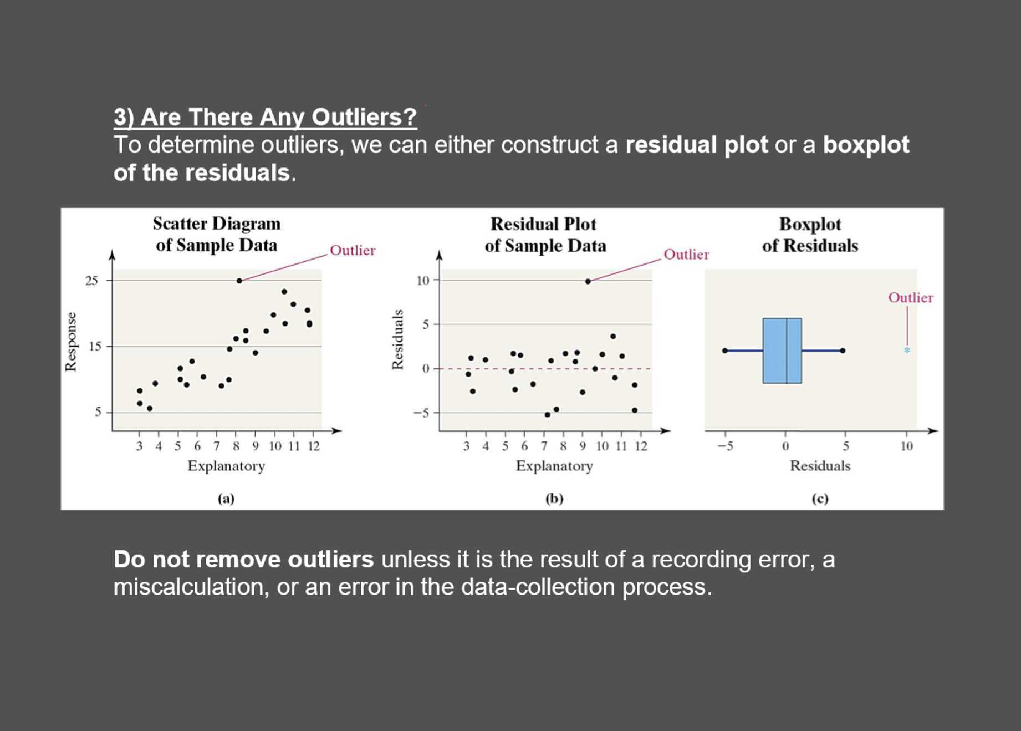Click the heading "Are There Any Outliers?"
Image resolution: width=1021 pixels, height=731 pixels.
coord(265,117)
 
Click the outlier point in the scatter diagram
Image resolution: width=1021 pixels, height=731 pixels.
coord(239,281)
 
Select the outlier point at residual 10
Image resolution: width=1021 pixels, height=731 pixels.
coord(588,281)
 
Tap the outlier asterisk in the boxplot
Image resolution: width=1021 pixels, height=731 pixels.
coord(907,351)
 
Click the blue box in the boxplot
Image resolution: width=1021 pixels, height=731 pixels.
coord(782,351)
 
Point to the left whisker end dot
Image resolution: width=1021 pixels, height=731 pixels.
coord(724,351)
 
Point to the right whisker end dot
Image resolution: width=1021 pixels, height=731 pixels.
coord(843,351)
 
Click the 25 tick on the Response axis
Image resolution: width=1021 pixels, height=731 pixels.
coord(91,281)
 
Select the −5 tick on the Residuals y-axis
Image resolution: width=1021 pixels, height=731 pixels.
coord(422,413)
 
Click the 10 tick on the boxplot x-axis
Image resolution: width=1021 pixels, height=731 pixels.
coord(906,446)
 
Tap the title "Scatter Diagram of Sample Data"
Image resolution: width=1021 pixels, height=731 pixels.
coord(217,234)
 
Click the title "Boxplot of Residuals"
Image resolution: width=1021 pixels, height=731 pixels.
coord(810,235)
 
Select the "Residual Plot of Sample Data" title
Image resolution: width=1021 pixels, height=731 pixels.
coord(544,235)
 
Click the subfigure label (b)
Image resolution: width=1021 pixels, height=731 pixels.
coord(554,498)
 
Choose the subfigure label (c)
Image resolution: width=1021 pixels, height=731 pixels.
coord(820,498)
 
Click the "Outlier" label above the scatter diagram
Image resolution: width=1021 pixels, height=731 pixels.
coord(353,250)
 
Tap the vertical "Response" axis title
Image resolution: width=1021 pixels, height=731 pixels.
coord(71,342)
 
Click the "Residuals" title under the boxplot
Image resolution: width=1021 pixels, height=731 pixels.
coord(820,466)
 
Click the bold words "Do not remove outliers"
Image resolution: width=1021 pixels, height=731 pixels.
coord(243,559)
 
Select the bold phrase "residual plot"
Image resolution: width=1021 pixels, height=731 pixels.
coord(696,145)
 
